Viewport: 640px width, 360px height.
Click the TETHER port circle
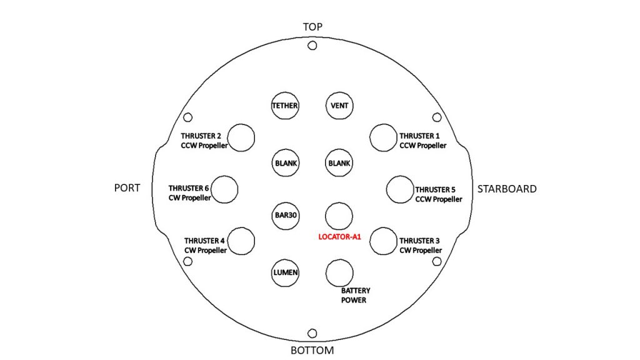point(285,106)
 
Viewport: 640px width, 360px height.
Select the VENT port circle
point(339,106)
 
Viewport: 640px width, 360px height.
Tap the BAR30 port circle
point(285,216)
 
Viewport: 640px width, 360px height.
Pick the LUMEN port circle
point(285,272)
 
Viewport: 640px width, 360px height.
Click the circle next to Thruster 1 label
point(383,138)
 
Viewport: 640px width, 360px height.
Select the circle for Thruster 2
point(241,138)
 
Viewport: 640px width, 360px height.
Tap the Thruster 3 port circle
point(383,241)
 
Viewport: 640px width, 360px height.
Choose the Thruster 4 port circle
point(241,241)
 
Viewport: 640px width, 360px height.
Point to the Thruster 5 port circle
point(399,189)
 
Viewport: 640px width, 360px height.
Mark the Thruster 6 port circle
point(224,189)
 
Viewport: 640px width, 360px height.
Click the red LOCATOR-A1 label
point(339,237)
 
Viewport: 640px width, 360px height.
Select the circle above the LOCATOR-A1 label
point(339,216)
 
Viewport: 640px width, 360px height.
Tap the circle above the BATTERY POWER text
point(339,273)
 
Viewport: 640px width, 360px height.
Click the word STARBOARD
point(507,189)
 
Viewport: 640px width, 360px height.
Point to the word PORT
point(127,187)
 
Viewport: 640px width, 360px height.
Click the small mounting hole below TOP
point(312,46)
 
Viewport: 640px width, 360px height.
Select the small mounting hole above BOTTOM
point(312,334)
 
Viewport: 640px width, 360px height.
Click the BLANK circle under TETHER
point(285,163)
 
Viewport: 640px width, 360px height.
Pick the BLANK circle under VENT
point(339,163)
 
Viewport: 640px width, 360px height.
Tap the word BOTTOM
point(312,350)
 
